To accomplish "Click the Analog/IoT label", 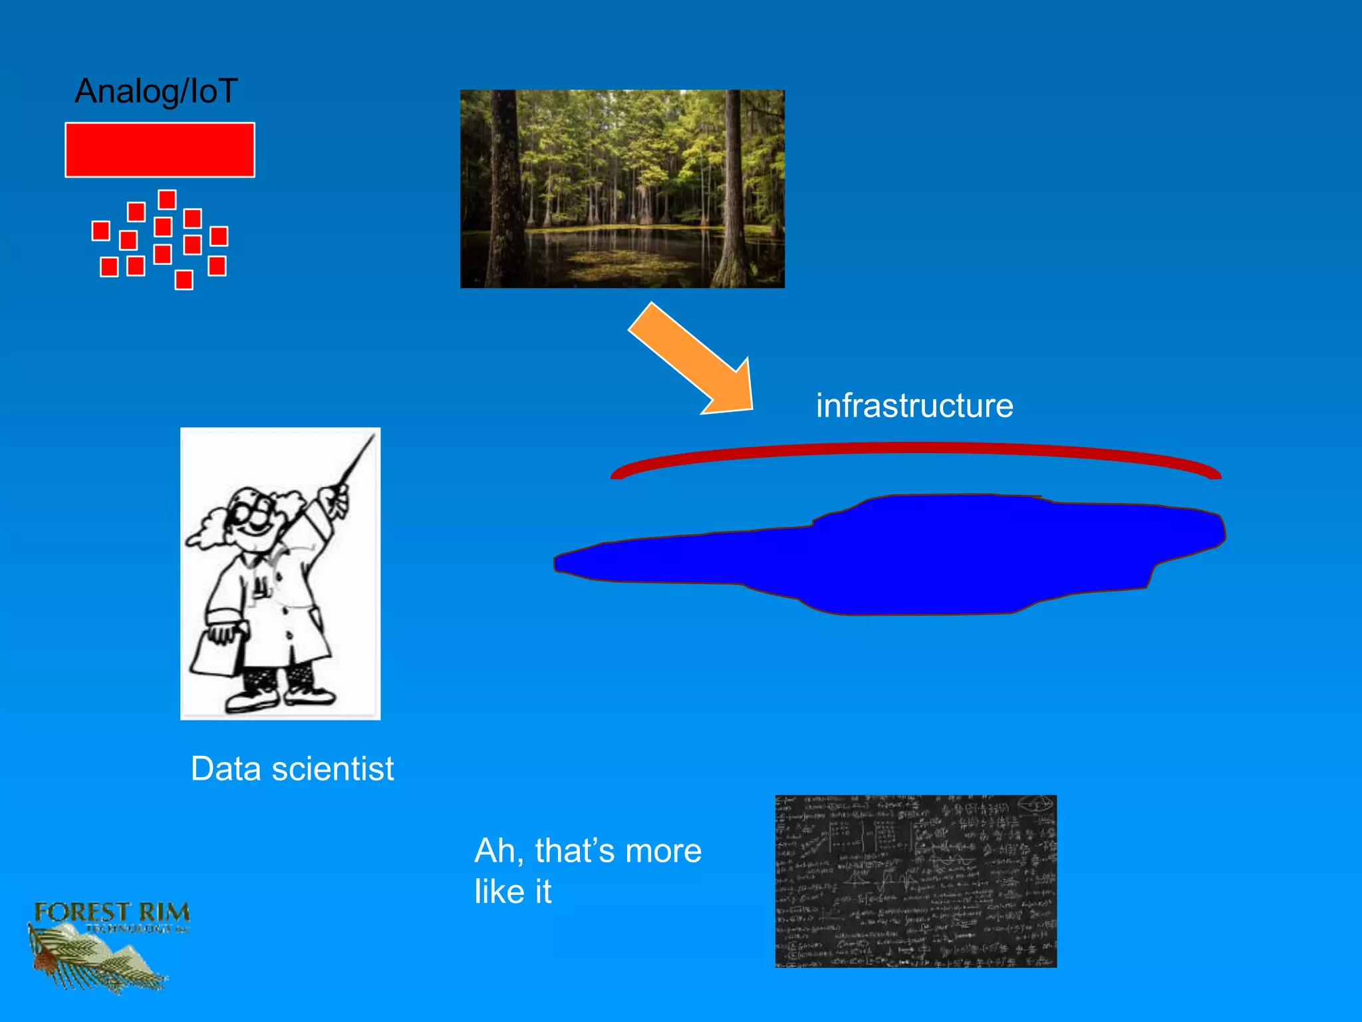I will coord(156,91).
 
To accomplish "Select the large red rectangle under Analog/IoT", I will coord(160,150).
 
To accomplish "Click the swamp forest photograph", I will coord(622,188).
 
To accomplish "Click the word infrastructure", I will coord(914,406).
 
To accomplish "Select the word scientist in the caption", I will coord(333,769).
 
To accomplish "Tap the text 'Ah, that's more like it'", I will coord(587,870).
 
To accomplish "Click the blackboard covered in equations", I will coord(916,881).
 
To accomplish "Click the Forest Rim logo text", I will coord(112,913).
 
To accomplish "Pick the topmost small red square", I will coord(167,200).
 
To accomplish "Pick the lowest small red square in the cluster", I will coord(184,279).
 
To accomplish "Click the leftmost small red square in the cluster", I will coord(100,231).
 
